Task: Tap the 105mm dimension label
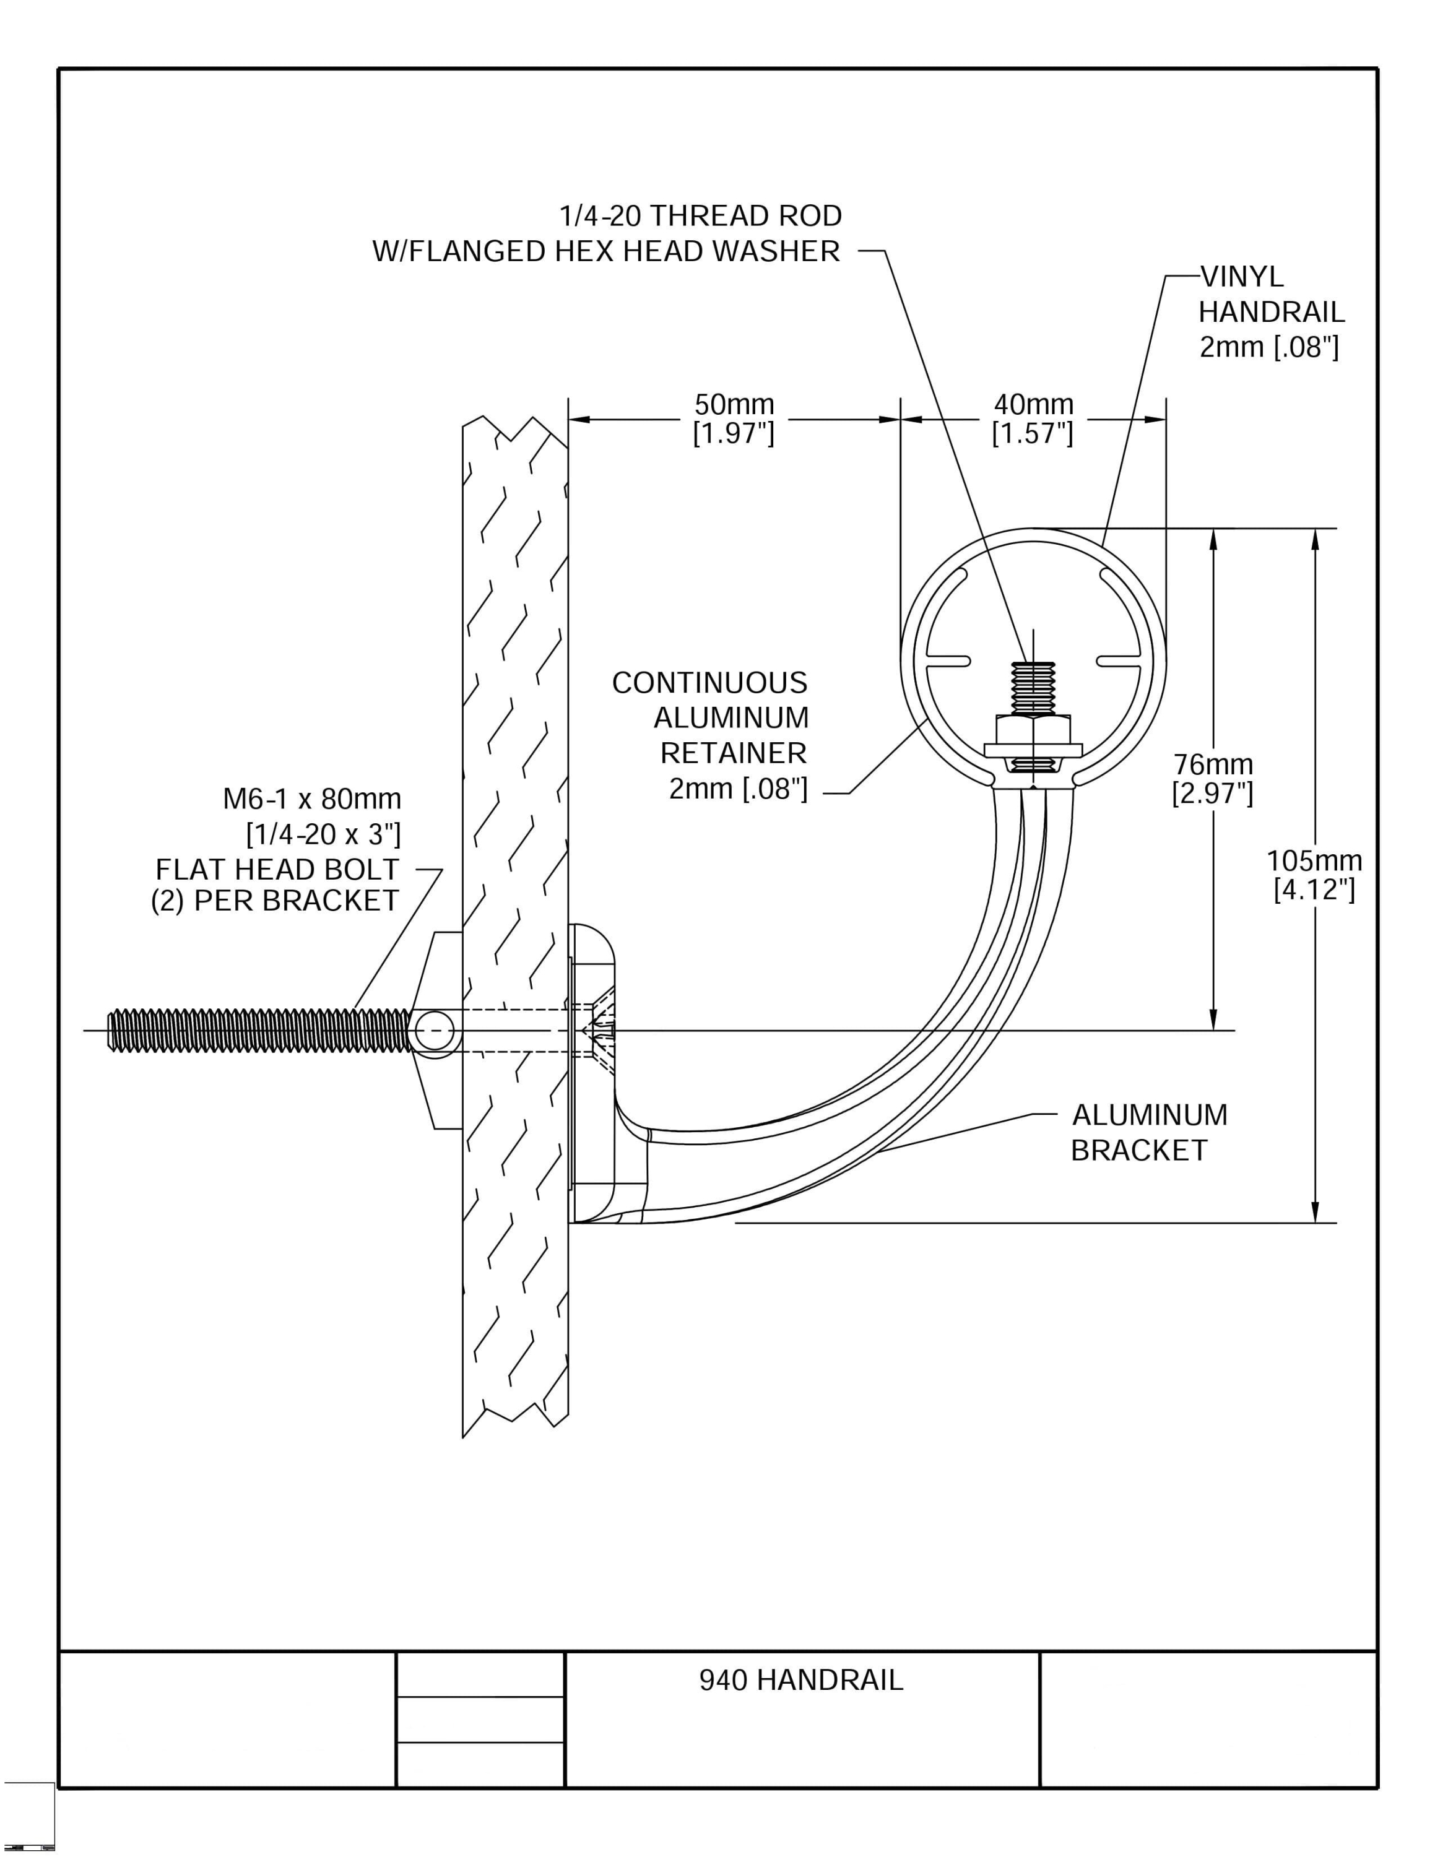[1314, 860]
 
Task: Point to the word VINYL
[1241, 277]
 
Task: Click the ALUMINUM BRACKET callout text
[1148, 1133]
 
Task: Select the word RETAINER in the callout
[733, 753]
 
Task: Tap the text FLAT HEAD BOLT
[277, 870]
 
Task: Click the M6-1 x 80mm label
[312, 799]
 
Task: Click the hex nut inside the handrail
[1033, 729]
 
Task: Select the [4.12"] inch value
[1314, 890]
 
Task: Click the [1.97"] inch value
[734, 434]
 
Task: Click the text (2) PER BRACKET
[275, 901]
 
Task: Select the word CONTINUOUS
[710, 683]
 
